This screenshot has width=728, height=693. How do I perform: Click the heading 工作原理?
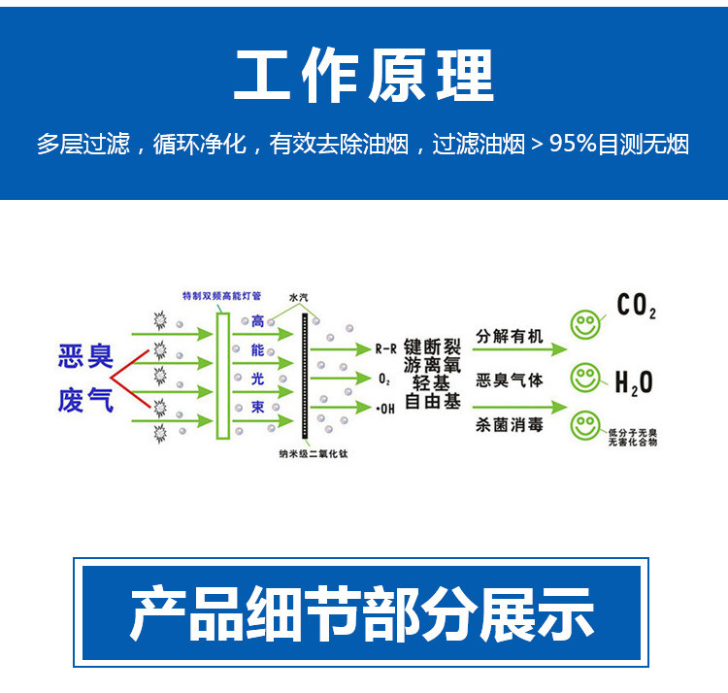363,75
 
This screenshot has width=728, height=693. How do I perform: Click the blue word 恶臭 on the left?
85,357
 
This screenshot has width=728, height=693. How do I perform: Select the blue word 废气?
85,400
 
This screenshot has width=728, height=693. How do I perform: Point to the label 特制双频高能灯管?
221,295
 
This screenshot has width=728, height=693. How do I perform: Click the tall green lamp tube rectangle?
222,374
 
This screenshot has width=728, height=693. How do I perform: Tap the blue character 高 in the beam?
257,321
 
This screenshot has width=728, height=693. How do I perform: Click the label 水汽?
299,297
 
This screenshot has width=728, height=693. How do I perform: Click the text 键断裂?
431,345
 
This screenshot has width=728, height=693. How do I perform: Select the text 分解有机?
510,337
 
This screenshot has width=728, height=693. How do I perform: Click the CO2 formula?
637,307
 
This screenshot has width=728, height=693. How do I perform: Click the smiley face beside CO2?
584,325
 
